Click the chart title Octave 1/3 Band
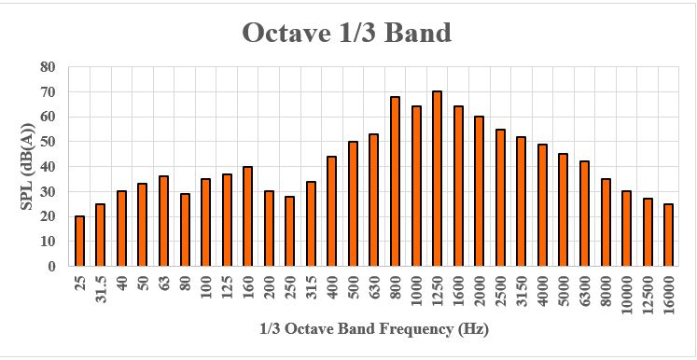coord(347,33)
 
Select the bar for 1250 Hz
coord(437,178)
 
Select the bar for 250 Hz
coord(289,230)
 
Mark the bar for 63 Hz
coord(163,220)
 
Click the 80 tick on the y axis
coord(48,67)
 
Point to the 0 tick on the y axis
coord(51,266)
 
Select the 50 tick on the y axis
coord(48,142)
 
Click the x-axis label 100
coord(205,285)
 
